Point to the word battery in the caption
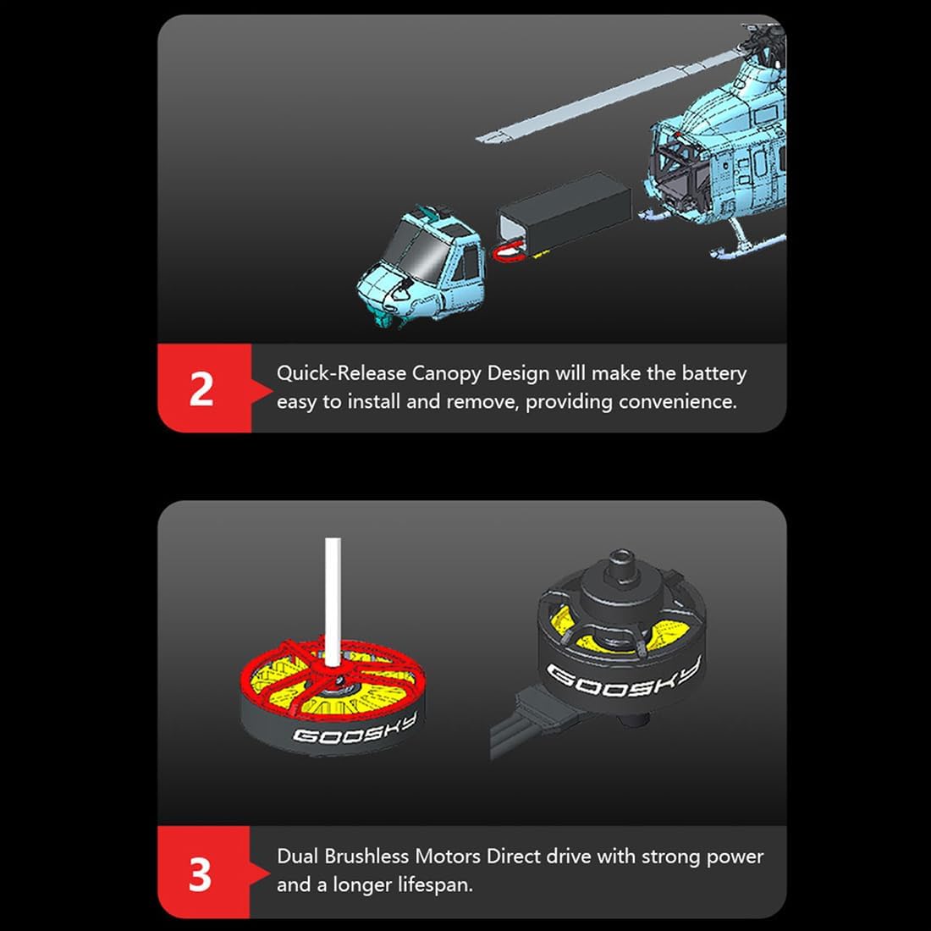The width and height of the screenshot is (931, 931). pos(713,373)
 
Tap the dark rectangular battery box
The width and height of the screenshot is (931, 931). pos(564,212)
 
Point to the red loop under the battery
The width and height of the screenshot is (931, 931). pos(509,252)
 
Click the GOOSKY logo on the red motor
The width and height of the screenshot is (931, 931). pos(355,729)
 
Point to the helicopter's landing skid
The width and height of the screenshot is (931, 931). pos(749,245)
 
